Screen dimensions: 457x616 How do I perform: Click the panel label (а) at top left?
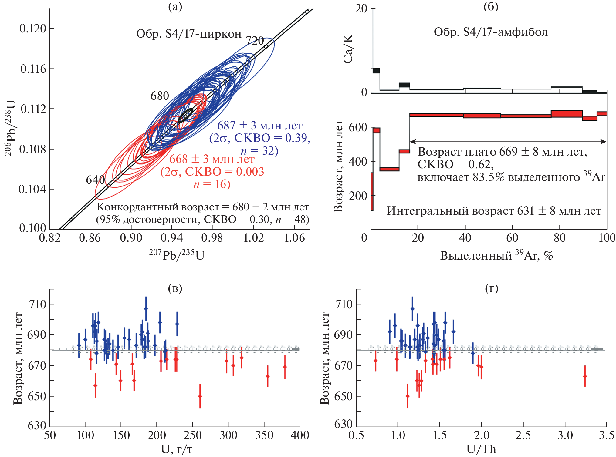coord(175,7)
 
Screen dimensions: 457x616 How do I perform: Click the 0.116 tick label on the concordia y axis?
coord(33,69)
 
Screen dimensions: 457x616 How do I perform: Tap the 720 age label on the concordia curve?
coord(255,41)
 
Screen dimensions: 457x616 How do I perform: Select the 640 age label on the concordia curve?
coord(95,180)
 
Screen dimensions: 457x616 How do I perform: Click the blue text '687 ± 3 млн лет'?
coord(260,126)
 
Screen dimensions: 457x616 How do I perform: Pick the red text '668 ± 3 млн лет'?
coord(212,159)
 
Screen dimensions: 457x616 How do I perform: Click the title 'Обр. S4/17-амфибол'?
coord(491,32)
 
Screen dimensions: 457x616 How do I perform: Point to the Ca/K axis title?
coord(348,49)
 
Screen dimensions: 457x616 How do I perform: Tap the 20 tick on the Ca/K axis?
coord(361,8)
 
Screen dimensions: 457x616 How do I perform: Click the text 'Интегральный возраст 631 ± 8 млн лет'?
coord(494,211)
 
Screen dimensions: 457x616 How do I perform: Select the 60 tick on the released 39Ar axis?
coord(512,238)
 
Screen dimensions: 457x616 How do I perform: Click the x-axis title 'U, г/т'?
coord(177,449)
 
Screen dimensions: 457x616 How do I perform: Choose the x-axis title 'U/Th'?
coord(481,449)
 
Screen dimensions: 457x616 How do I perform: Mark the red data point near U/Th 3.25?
coord(585,376)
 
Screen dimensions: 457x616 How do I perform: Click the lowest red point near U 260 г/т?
coord(200,396)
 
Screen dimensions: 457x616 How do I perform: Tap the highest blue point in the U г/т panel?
coord(146,309)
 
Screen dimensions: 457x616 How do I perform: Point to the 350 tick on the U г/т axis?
coord(264,435)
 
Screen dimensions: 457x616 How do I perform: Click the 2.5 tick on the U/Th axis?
coord(523,435)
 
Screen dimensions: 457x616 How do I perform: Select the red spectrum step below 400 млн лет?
coord(389,169)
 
